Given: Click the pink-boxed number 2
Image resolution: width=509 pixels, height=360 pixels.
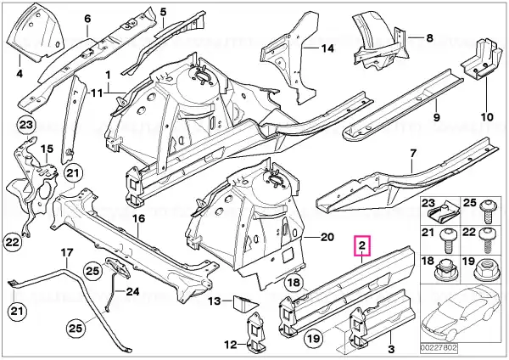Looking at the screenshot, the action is click(x=362, y=245).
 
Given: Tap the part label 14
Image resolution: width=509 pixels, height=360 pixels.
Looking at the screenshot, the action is click(x=327, y=48).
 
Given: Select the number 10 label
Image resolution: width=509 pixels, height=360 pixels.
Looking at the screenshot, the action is click(x=487, y=116).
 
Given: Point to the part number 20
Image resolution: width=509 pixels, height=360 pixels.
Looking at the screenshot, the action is click(x=327, y=237).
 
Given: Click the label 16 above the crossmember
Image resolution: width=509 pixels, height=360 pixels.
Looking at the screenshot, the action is click(x=138, y=218).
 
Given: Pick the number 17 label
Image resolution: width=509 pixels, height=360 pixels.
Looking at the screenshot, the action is click(x=67, y=252).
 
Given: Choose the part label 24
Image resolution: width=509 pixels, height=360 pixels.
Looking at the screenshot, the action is click(x=132, y=291).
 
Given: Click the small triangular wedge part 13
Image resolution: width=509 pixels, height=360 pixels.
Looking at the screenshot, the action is click(x=245, y=302).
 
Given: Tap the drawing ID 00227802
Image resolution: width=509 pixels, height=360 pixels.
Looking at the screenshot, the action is click(x=439, y=348).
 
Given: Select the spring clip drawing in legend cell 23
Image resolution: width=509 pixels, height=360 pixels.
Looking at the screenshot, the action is click(x=442, y=214).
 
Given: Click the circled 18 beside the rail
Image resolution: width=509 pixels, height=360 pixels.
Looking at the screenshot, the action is click(x=294, y=282).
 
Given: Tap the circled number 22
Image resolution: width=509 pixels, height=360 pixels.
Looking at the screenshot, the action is click(x=13, y=242).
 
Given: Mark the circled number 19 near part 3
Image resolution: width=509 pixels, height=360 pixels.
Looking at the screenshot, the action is click(x=314, y=339).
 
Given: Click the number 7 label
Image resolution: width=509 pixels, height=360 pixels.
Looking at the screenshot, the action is click(x=413, y=153).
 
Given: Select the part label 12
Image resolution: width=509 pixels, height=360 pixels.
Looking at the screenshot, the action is click(x=231, y=345).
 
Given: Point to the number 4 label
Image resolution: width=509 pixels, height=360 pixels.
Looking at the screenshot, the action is click(x=20, y=74).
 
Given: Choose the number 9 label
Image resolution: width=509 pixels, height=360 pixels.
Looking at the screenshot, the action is click(x=437, y=116).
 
